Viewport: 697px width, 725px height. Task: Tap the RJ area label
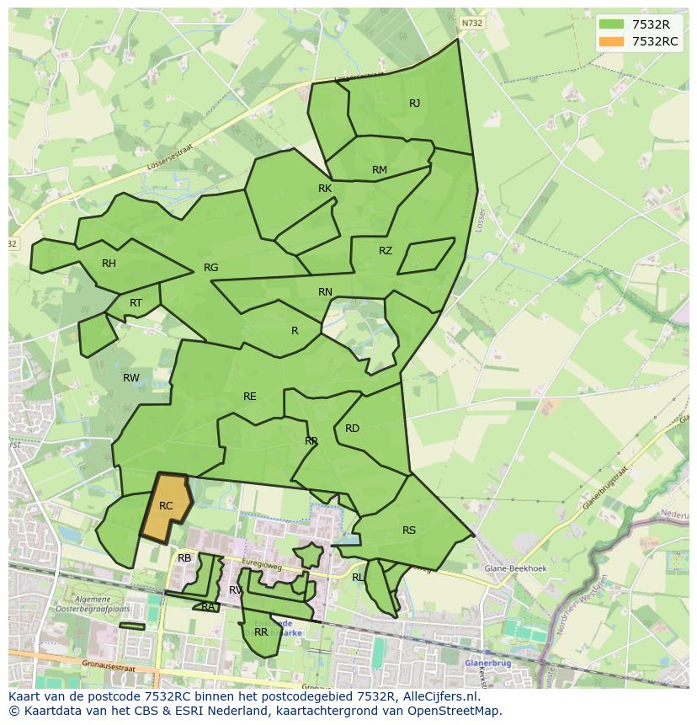click(x=414, y=104)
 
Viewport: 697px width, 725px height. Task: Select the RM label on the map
click(x=380, y=170)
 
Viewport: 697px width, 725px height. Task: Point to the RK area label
click(x=325, y=189)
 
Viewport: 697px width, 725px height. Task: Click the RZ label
click(x=386, y=251)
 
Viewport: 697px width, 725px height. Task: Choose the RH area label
click(x=109, y=264)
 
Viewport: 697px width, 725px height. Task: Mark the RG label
click(x=210, y=268)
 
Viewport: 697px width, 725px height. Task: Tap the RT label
click(x=136, y=303)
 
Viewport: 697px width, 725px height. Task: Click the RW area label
click(x=131, y=378)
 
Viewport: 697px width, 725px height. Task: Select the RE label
click(x=250, y=397)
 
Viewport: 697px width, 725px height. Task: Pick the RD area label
click(x=352, y=429)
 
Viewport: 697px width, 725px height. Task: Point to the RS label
click(x=409, y=530)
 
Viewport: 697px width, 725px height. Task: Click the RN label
click(x=325, y=292)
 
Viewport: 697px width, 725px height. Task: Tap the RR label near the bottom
click(x=261, y=632)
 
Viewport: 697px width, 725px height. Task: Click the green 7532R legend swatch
click(x=611, y=24)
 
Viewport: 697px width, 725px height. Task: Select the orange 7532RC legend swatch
click(x=611, y=41)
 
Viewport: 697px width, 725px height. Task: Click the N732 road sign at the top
click(x=472, y=24)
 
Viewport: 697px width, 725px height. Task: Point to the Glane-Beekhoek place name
click(x=515, y=568)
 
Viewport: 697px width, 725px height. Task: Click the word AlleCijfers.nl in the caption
click(x=437, y=696)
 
